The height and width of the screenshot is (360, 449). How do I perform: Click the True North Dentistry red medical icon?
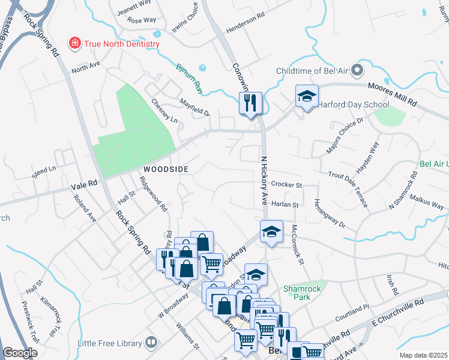tap(75, 43)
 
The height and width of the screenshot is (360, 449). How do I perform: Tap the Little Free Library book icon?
tap(151, 343)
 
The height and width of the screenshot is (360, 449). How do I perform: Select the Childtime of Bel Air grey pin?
tap(356, 71)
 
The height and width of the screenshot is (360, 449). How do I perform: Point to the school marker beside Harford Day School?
tap(306, 97)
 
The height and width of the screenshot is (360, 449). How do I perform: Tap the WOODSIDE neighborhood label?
tap(165, 170)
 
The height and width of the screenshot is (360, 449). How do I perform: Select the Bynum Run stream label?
tap(190, 77)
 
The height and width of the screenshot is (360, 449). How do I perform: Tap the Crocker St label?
tap(286, 185)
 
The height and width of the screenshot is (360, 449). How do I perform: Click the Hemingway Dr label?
tap(330, 214)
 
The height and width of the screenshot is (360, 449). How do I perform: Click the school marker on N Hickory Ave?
tap(271, 232)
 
